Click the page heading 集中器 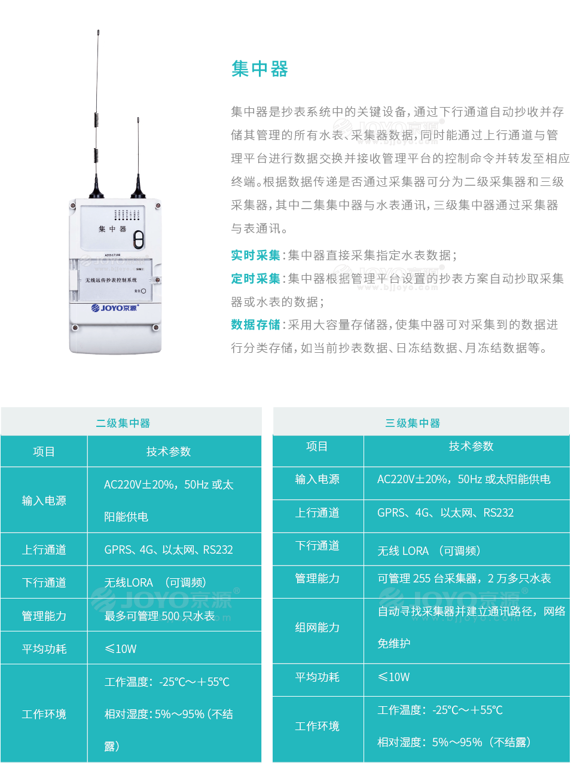click(259, 69)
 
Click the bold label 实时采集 click(255, 255)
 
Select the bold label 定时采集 click(255, 279)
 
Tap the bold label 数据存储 click(255, 325)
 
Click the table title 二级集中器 click(123, 423)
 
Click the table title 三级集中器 click(413, 423)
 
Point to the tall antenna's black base click(97, 191)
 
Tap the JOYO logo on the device click(114, 308)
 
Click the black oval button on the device click(139, 239)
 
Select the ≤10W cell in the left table click(121, 649)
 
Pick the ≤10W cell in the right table click(394, 677)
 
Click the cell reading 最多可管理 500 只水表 click(160, 616)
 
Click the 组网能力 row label click(317, 627)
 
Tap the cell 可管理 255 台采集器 click(464, 578)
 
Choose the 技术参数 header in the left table click(169, 451)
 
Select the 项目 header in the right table click(317, 446)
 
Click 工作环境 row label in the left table click(44, 714)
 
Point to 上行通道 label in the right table click(317, 512)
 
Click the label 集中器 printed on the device click(112, 229)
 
